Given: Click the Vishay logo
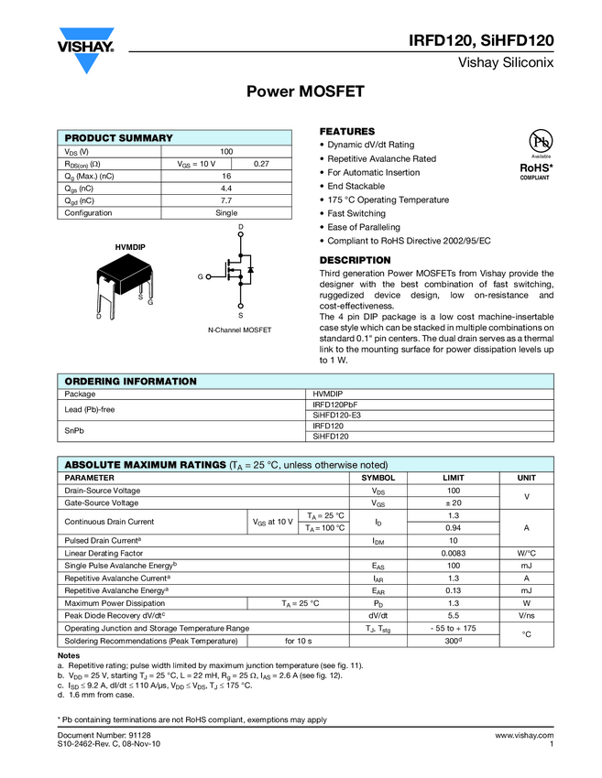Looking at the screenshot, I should (86, 50).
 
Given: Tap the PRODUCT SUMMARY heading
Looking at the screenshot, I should (118, 137).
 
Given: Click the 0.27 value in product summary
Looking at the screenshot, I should (261, 163).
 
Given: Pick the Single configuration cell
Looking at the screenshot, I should (226, 213).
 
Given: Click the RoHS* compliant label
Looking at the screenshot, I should (537, 171).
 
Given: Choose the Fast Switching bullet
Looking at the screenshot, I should (356, 213).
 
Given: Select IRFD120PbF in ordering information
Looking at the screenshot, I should (334, 404).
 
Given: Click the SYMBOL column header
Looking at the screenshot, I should (378, 478).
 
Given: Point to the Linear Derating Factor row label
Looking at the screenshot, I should (104, 553).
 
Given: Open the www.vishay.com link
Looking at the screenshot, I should (524, 735).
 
